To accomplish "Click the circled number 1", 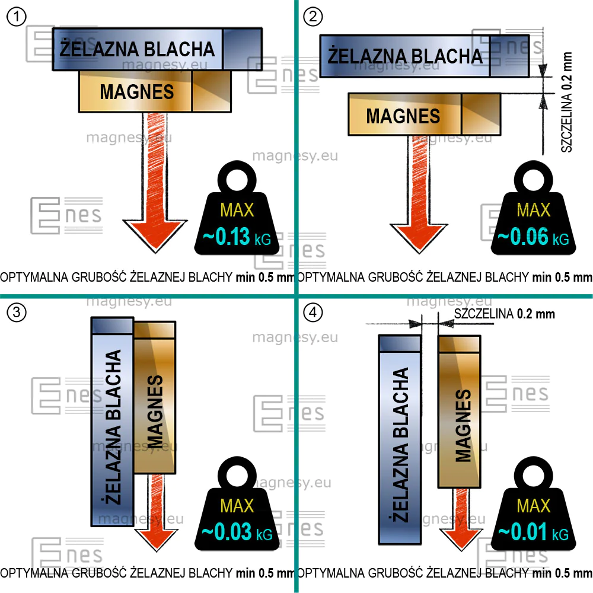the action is coord(17,17).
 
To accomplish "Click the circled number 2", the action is coord(313,17).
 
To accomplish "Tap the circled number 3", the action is coord(17,313).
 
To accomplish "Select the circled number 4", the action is coord(313,313).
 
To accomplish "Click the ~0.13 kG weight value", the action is coord(237,237).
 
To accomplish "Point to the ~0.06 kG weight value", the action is coord(533,237).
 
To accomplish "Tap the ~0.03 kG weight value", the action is coord(237,532).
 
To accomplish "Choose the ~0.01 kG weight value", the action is coord(533,532).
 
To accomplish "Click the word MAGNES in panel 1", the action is coord(137,92).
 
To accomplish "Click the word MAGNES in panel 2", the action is coord(403,116).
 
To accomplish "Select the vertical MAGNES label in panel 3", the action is coord(155,412).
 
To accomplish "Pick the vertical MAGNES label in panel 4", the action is coord(463,426).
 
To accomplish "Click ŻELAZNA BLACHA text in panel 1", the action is coord(138,49).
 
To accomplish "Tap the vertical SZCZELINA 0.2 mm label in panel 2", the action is coord(566,102).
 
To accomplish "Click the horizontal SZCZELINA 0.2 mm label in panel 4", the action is coord(505,314).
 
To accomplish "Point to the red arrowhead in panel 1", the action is coord(155,234).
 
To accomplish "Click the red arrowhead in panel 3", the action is coord(156,539).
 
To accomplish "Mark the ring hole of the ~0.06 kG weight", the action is coord(533,180).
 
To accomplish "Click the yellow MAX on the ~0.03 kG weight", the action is coord(237,506).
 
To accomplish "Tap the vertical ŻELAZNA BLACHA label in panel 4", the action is coord(401,445).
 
